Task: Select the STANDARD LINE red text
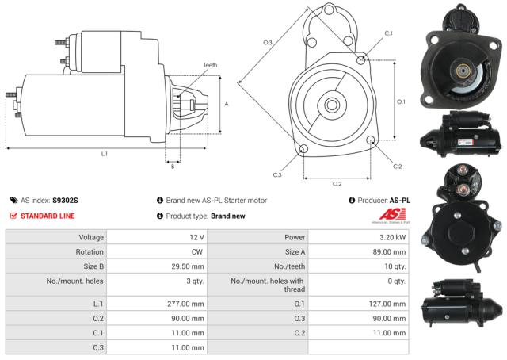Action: [x=48, y=216]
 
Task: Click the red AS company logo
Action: [x=395, y=215]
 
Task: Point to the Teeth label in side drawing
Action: [x=209, y=65]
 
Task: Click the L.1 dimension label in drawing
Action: [x=104, y=153]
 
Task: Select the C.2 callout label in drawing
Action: [x=397, y=166]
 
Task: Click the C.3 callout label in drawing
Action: [x=277, y=174]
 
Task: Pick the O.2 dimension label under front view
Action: [x=337, y=183]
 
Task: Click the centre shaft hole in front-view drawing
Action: [x=332, y=104]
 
